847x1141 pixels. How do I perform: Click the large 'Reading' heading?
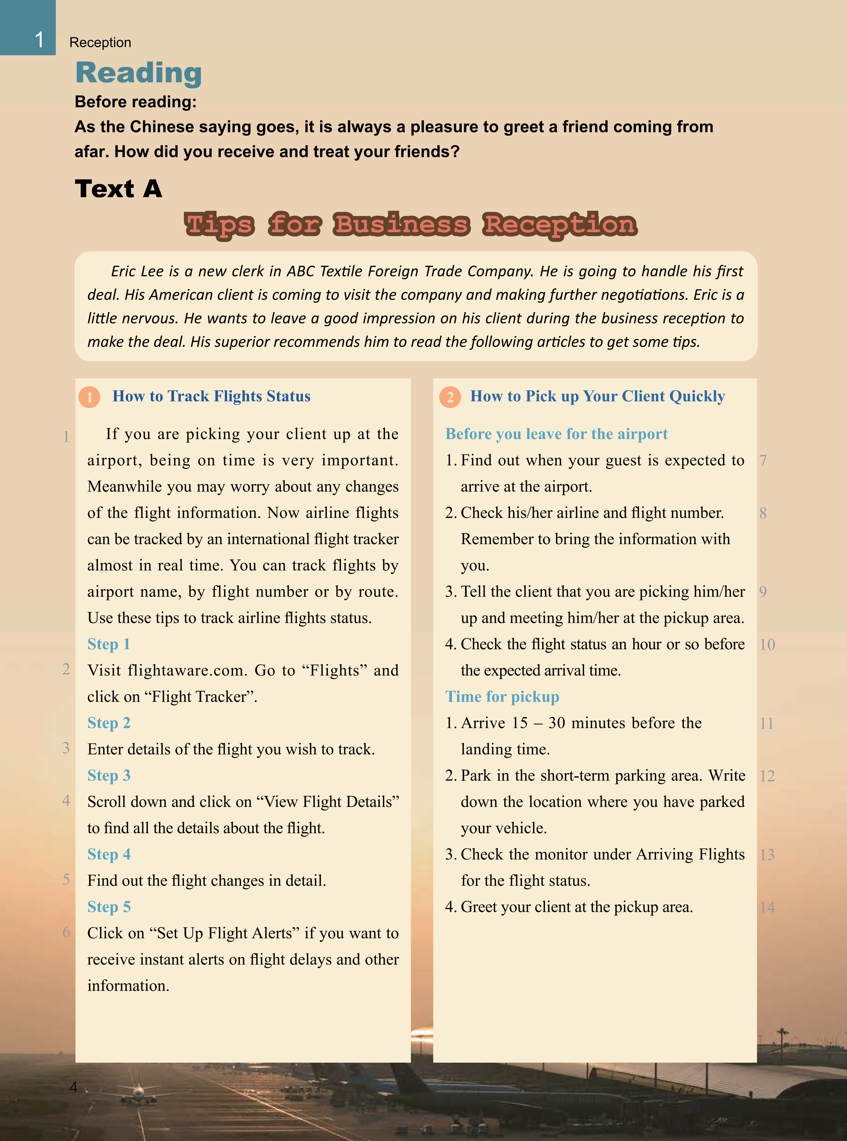(x=139, y=73)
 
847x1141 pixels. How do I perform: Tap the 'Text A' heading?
(x=119, y=189)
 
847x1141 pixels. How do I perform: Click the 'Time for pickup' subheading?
(x=502, y=697)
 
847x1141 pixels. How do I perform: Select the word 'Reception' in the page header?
(x=100, y=43)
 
